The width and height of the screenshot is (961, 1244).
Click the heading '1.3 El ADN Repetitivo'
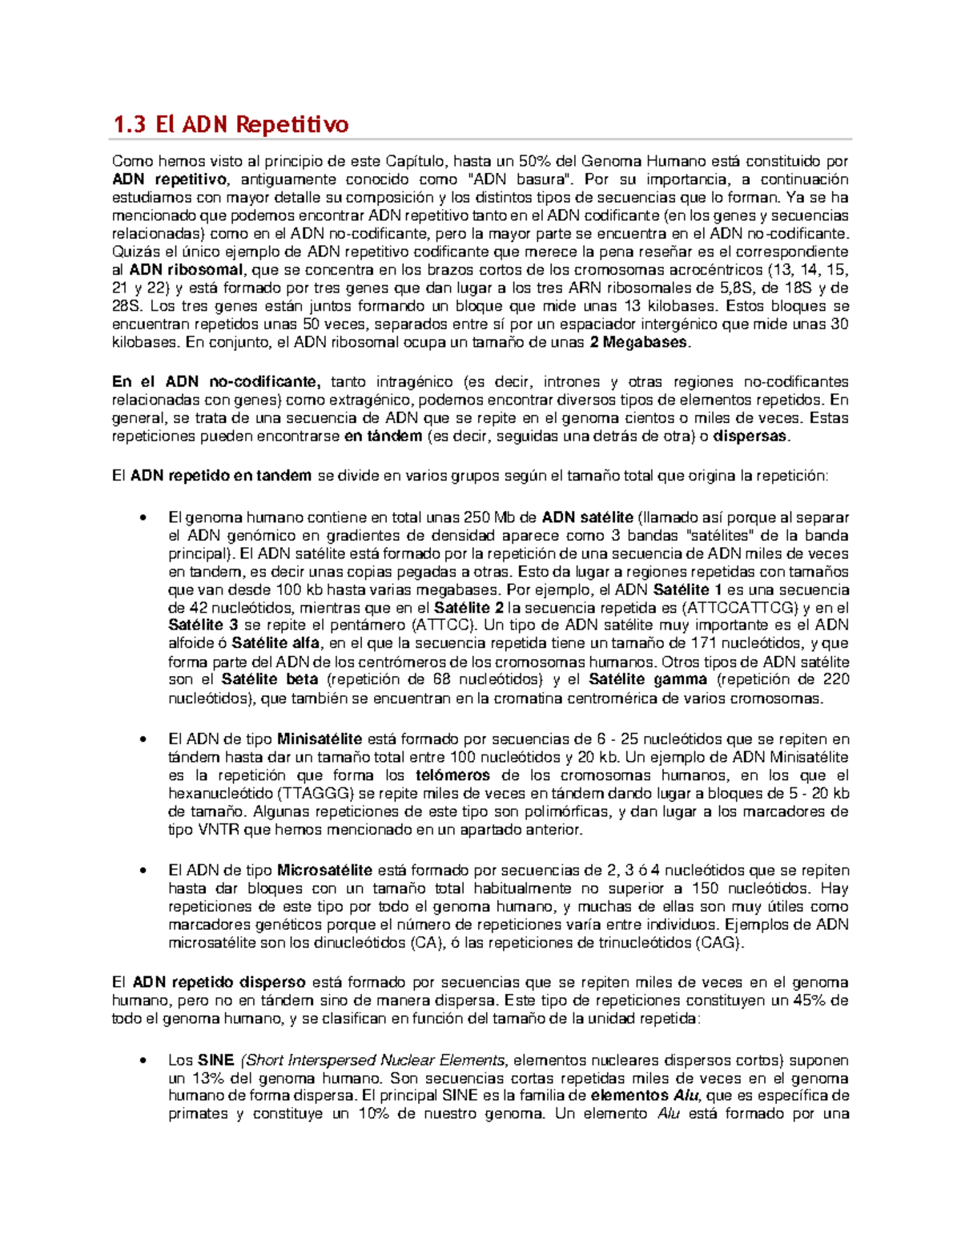[x=231, y=124]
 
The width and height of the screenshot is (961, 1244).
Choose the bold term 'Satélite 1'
[x=688, y=590]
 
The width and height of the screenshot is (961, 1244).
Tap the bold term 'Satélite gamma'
[x=648, y=679]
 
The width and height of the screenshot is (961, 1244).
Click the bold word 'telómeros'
[x=452, y=775]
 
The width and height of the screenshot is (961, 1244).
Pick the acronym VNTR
[x=217, y=830]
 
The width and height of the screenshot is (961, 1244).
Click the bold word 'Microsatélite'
[x=324, y=870]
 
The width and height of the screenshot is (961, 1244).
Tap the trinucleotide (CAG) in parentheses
[x=718, y=943]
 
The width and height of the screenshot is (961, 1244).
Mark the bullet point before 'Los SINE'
[x=143, y=1061]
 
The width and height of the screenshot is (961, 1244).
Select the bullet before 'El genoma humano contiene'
[x=143, y=517]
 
